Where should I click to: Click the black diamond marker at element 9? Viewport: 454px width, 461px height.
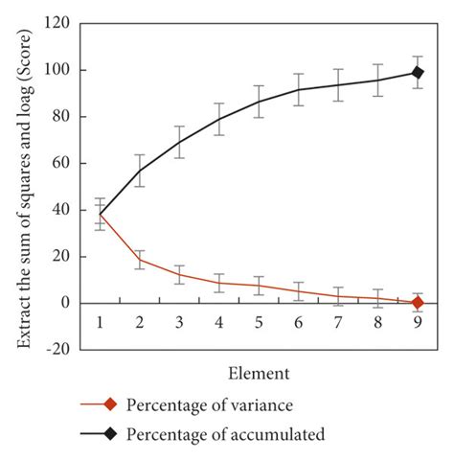tap(418, 72)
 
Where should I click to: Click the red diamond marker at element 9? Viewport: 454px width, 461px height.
tap(418, 303)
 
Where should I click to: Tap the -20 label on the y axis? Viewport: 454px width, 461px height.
tap(58, 350)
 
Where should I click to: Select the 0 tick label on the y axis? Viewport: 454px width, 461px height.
tap(67, 303)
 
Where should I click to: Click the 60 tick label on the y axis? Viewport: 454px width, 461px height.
tap(62, 163)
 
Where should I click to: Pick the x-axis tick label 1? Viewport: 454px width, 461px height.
tap(100, 322)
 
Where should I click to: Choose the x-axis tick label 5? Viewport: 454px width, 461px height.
tap(259, 322)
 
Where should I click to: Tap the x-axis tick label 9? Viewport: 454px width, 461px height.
tap(418, 322)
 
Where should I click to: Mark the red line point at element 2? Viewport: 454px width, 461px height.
tap(140, 260)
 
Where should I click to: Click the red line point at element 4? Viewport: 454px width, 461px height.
tap(219, 283)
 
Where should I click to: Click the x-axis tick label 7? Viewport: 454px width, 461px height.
tap(338, 322)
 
